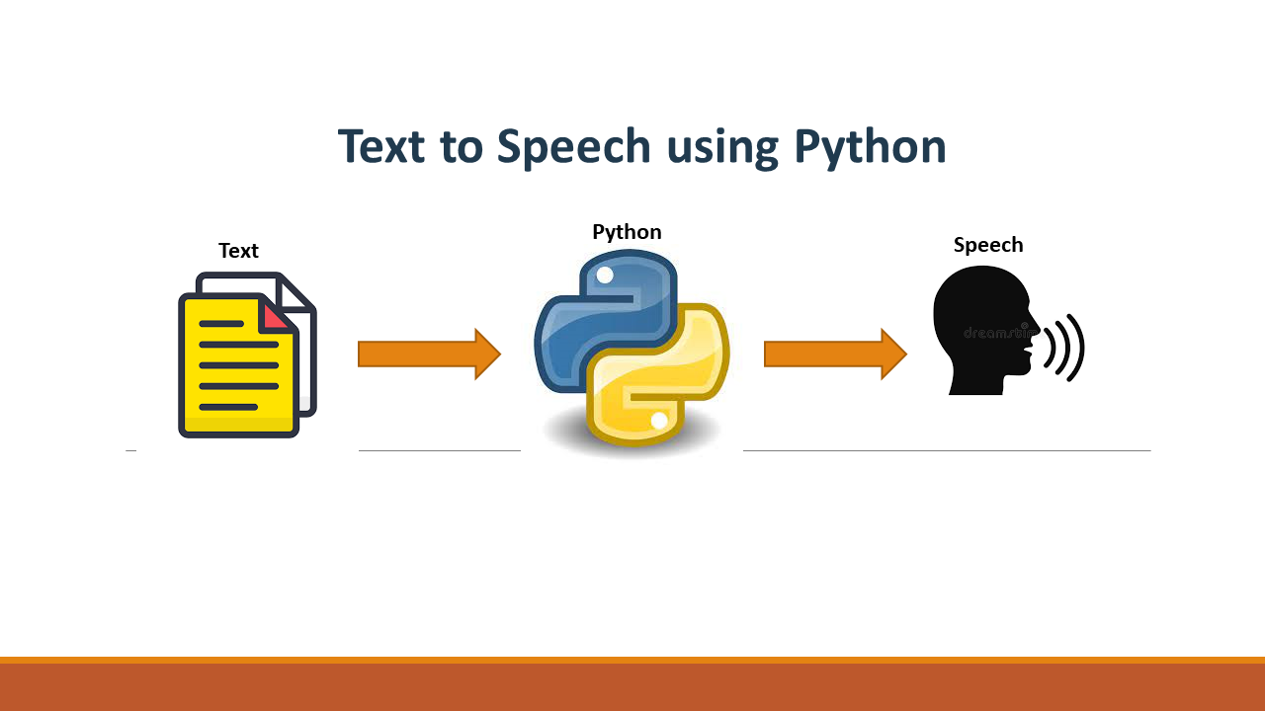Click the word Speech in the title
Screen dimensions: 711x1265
(x=573, y=148)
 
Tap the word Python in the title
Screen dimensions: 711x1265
(x=871, y=148)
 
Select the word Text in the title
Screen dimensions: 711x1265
(x=381, y=146)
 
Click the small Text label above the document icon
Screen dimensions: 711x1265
(x=238, y=251)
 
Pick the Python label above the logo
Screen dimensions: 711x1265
(x=627, y=232)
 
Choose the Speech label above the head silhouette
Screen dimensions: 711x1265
(x=988, y=245)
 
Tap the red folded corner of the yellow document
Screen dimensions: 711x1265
(x=277, y=314)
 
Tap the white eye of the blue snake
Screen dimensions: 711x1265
(x=605, y=276)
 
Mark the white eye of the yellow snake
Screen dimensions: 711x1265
(x=659, y=421)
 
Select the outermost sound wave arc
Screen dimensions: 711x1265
(x=1077, y=348)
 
